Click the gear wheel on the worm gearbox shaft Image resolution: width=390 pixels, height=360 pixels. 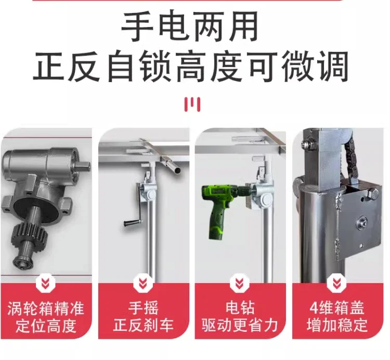(29, 233)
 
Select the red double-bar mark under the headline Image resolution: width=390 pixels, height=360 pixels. (192, 104)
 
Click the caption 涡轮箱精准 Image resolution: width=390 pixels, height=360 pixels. (46, 309)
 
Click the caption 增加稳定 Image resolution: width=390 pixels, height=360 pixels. (337, 324)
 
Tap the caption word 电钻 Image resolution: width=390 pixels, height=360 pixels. (240, 308)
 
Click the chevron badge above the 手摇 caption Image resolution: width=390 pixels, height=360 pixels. (143, 283)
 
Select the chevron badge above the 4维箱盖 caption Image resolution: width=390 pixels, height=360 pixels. (336, 283)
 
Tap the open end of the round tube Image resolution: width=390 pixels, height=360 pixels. (177, 170)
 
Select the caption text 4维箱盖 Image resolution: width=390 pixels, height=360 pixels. (337, 308)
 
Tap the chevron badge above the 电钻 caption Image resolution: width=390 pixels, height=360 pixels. (240, 283)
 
